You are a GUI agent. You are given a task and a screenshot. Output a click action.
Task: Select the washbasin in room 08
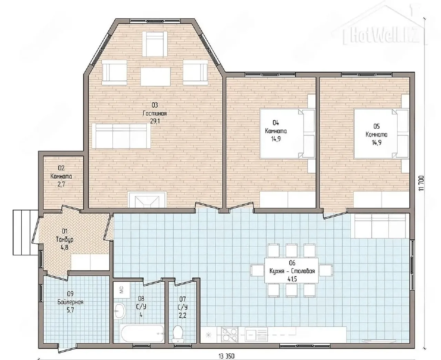click(120, 311)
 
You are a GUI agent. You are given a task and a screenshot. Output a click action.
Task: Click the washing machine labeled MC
click(122, 290)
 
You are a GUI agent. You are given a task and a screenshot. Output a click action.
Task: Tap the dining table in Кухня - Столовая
click(291, 270)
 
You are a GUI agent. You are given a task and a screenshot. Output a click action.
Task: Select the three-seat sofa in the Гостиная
click(121, 136)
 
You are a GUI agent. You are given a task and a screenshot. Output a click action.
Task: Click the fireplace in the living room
click(147, 200)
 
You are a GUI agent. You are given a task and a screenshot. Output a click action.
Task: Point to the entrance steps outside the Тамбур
click(25, 232)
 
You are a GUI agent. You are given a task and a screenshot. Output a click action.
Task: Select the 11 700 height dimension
click(421, 183)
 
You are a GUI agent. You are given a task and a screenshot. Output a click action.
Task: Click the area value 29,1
click(155, 121)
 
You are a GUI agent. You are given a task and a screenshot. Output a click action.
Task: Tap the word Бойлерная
click(71, 302)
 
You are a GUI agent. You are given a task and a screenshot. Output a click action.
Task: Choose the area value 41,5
click(292, 279)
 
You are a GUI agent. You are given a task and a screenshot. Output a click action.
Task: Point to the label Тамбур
click(65, 239)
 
